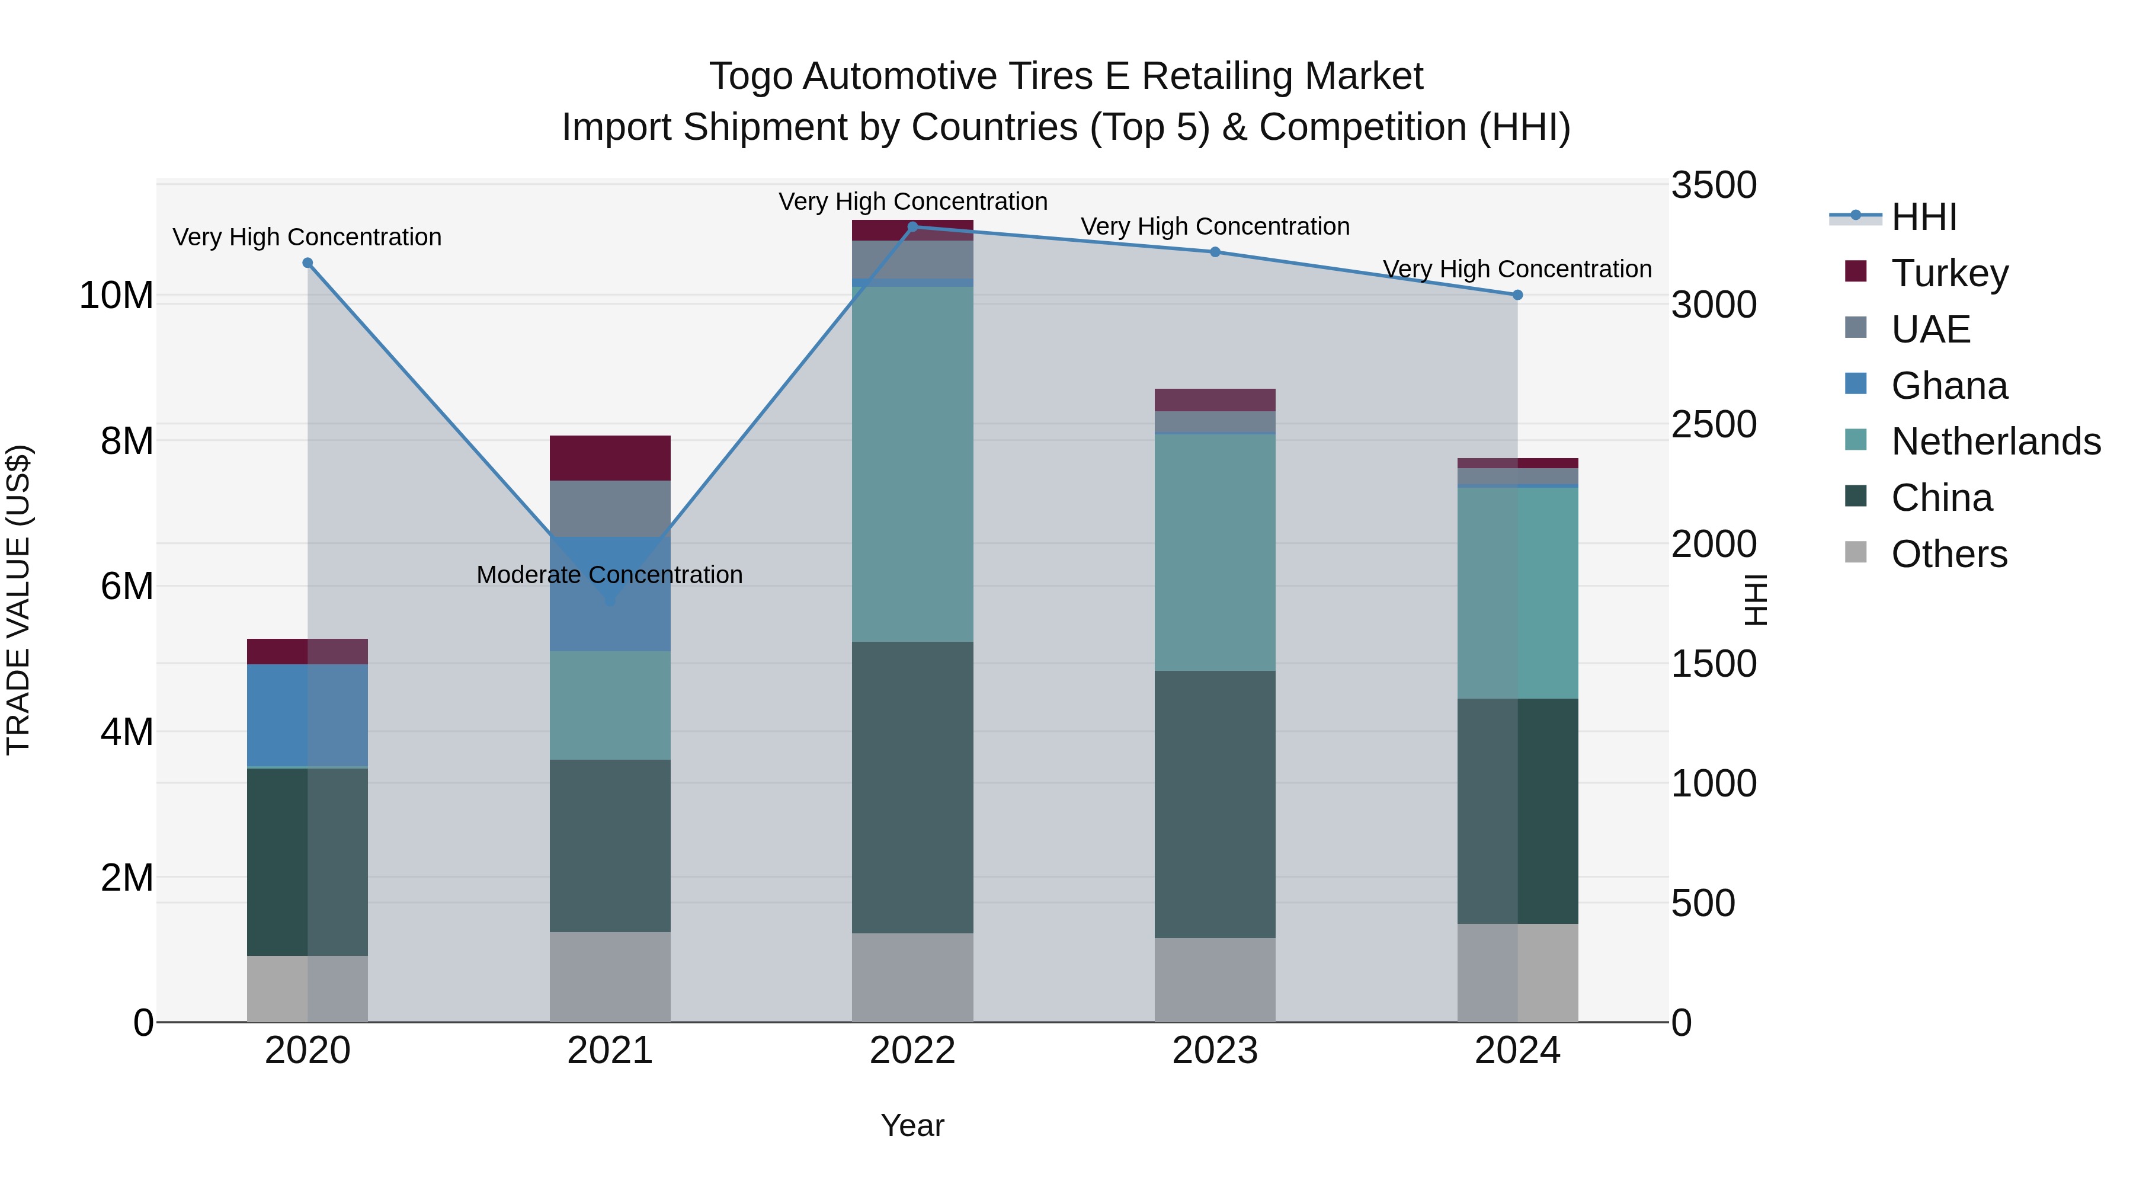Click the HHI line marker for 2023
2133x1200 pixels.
click(1215, 252)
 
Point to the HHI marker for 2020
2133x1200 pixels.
click(307, 263)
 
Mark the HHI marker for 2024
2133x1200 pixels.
click(1517, 295)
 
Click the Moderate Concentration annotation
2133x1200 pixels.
click(610, 575)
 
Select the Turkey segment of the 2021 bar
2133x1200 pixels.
click(610, 458)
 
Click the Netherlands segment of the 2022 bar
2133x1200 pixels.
click(912, 464)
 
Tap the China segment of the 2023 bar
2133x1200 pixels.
click(1215, 804)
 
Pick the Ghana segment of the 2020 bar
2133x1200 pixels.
click(307, 715)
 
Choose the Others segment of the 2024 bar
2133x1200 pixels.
click(1517, 972)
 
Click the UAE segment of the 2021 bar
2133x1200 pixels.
click(610, 508)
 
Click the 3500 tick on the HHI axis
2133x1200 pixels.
click(1712, 185)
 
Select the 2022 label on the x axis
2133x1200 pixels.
click(912, 1051)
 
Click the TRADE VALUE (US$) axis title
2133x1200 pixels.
click(18, 600)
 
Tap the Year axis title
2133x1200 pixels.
click(912, 1125)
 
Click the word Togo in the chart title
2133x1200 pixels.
click(751, 76)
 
